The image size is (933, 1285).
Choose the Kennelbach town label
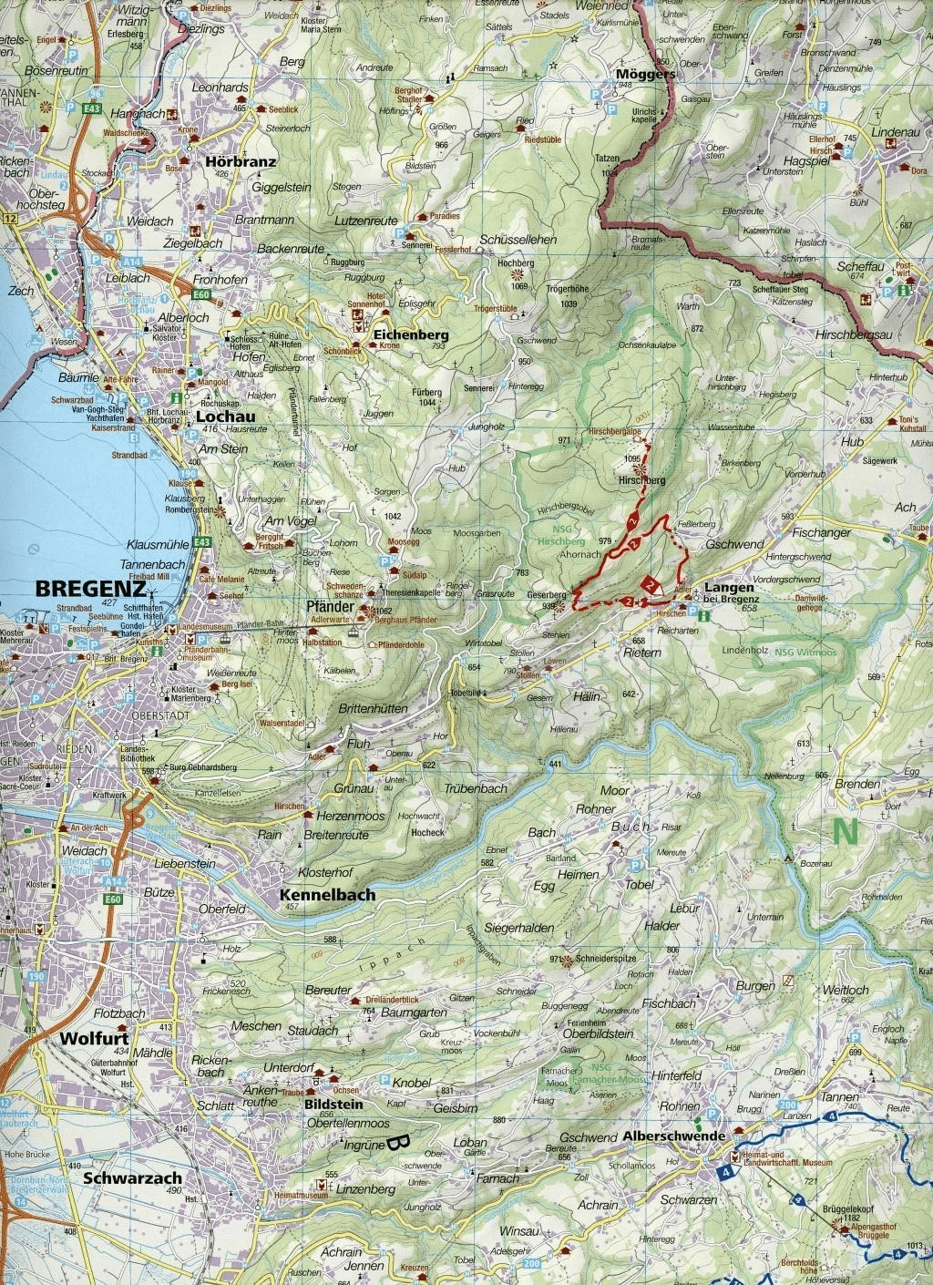[328, 895]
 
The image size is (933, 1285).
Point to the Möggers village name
[645, 73]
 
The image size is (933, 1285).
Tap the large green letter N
[845, 830]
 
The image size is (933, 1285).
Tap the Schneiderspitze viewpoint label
[606, 960]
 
